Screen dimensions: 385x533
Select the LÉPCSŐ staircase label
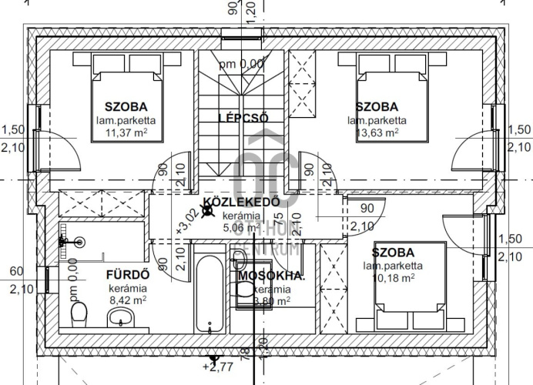243,118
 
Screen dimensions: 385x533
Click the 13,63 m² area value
377,132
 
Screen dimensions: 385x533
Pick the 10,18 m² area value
392,278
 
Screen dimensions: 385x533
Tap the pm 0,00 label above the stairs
241,64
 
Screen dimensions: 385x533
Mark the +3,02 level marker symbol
207,209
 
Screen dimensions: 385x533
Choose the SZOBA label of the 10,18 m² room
393,253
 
